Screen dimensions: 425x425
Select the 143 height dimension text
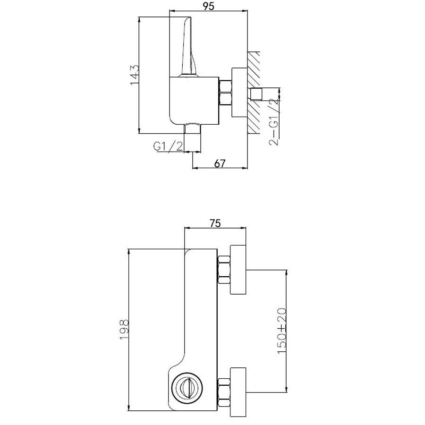[x=135, y=75]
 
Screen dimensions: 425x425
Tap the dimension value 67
[x=220, y=163]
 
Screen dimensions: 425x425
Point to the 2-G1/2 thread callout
[x=274, y=122]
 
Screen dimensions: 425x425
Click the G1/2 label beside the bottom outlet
[x=168, y=146]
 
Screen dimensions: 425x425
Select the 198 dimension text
[x=124, y=329]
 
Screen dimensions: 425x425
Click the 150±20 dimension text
[x=282, y=331]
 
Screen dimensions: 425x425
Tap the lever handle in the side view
[x=189, y=47]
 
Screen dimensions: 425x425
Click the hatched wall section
[x=254, y=92]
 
